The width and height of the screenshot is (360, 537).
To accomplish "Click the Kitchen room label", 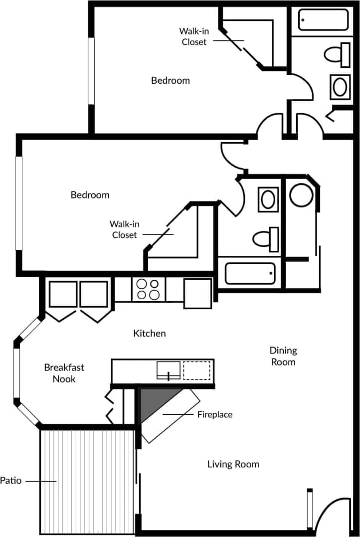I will [x=149, y=333].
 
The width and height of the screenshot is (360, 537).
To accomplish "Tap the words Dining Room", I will [x=283, y=356].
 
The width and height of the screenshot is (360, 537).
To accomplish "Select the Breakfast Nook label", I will [x=64, y=373].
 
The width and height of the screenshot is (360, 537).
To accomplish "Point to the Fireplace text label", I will [x=214, y=414].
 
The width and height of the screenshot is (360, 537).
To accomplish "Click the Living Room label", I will [x=233, y=464].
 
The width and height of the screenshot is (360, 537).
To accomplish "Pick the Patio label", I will [x=11, y=481].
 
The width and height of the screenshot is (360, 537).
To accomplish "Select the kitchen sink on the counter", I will [x=169, y=370].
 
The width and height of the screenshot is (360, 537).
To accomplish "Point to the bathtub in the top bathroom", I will [x=324, y=19].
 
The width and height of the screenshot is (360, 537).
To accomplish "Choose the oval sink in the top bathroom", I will [x=341, y=87].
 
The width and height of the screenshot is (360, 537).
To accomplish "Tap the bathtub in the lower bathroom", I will [x=250, y=273].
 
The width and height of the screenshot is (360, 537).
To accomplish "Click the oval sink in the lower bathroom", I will [x=268, y=199].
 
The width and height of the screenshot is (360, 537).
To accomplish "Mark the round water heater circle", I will [x=301, y=195].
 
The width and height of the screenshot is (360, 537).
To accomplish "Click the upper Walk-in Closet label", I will [x=193, y=37].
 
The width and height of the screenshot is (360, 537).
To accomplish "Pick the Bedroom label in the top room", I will [x=171, y=80].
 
